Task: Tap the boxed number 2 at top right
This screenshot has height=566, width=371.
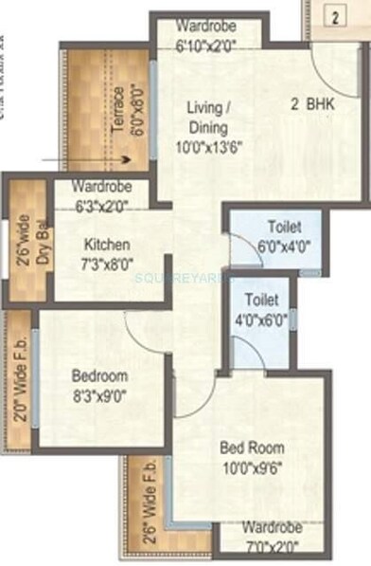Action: tap(333, 15)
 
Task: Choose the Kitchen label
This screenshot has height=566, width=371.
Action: tap(105, 243)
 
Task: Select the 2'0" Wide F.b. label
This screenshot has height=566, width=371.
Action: tap(17, 374)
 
